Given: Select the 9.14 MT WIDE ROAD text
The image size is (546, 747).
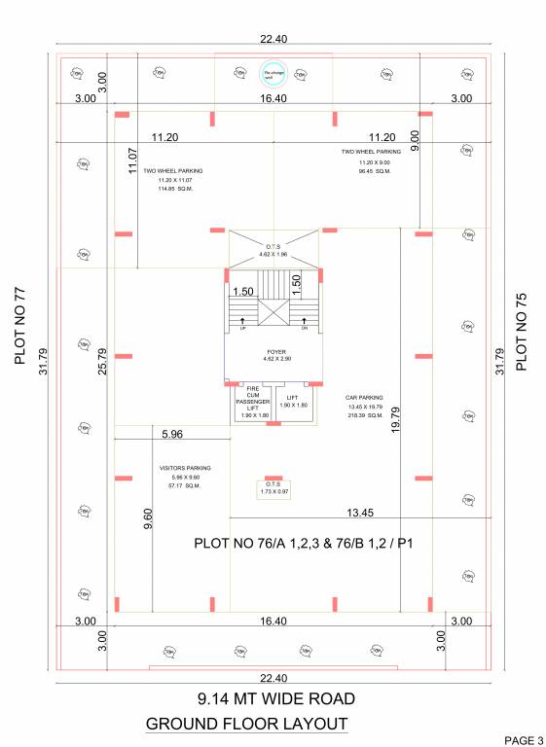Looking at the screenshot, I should [x=275, y=698].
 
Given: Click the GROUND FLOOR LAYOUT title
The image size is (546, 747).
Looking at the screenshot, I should [x=246, y=724].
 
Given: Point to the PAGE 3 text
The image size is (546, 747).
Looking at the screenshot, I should [x=523, y=741].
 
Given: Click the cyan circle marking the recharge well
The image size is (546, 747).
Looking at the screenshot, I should [x=273, y=71].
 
